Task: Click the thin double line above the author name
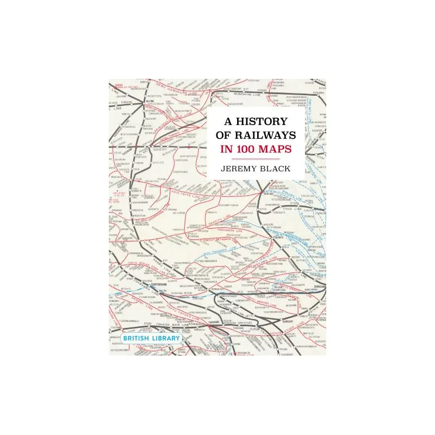(255, 158)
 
